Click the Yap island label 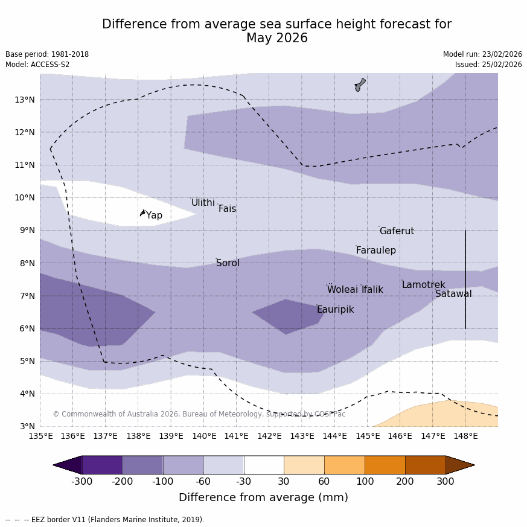click(x=154, y=216)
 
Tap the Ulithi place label click(x=203, y=203)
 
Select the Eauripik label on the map click(x=335, y=310)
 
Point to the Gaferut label click(x=397, y=231)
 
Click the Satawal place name click(x=453, y=294)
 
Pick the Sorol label click(x=228, y=263)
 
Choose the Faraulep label click(x=375, y=251)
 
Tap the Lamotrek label click(x=423, y=285)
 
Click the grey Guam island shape click(x=360, y=85)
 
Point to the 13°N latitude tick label click(x=24, y=100)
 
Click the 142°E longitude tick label click(x=269, y=436)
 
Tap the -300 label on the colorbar click(x=81, y=482)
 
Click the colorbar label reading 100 click(x=365, y=482)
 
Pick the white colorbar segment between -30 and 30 click(x=264, y=465)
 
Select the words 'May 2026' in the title click(x=276, y=39)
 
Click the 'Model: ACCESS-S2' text click(x=37, y=65)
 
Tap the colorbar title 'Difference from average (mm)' click(x=263, y=498)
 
